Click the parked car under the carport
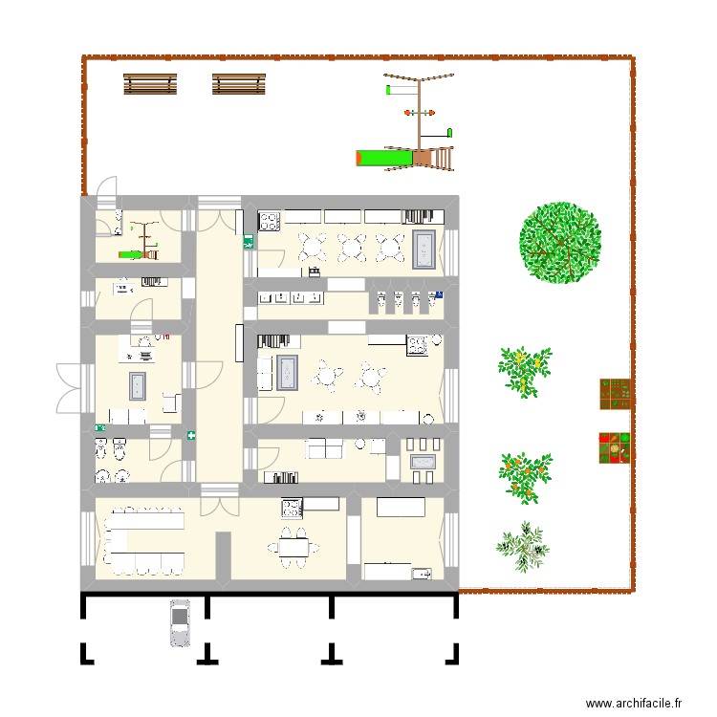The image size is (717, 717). pos(180,622)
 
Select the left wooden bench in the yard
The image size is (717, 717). pos(150,85)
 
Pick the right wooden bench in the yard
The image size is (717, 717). pos(238,85)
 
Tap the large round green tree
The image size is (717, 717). pos(561,242)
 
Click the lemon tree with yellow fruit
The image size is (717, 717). pos(525,370)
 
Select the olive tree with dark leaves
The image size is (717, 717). pos(523,545)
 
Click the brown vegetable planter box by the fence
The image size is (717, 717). pos(617,393)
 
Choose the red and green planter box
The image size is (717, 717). pos(617,448)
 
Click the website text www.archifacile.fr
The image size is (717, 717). pos(633,703)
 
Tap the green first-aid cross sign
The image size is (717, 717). pos(192,436)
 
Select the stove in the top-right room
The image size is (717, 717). pos(269,222)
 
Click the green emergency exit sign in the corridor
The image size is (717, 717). pos(249,243)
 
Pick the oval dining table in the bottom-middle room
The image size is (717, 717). pos(294,548)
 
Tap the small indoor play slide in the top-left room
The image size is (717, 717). pos(138,254)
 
